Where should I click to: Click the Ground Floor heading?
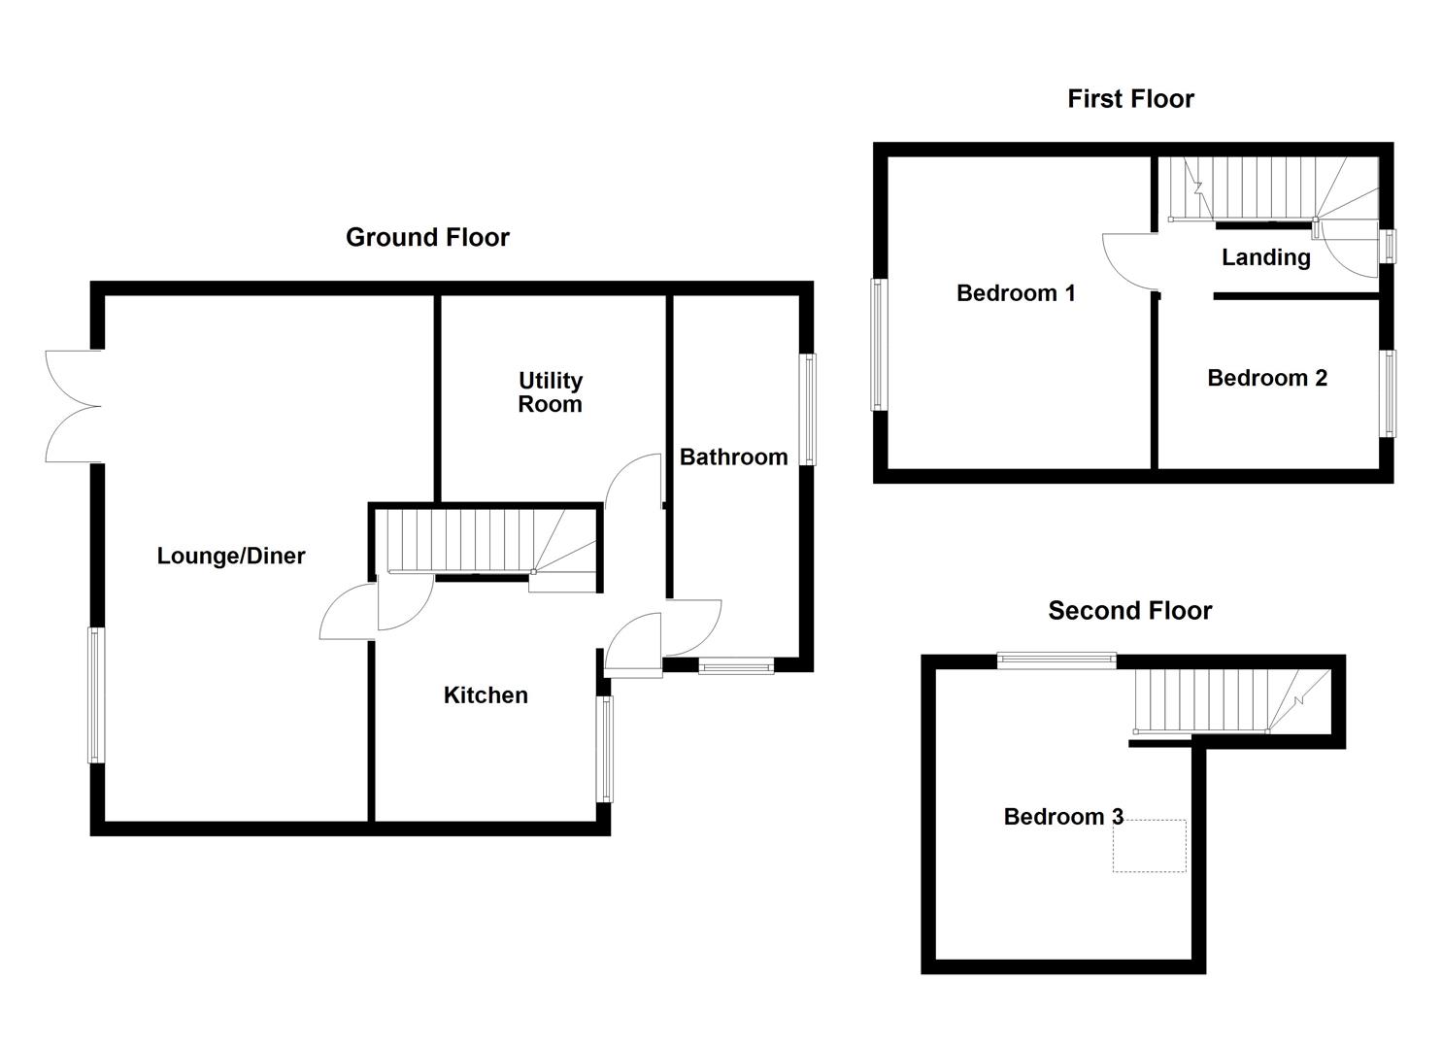pos(427,237)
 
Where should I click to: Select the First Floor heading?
pos(1130,98)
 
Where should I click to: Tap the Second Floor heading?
pos(1129,610)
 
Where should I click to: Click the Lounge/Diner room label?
pos(231,556)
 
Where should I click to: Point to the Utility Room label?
pos(550,392)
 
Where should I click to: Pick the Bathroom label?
pos(733,457)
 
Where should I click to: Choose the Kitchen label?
pos(486,694)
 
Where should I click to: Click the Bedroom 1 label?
pos(1016,292)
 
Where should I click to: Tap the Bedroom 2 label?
pos(1266,378)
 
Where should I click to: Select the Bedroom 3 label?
pos(1063,816)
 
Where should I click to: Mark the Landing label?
pos(1265,257)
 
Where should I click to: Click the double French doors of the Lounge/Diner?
pos(73,406)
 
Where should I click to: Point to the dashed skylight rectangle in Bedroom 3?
pos(1149,845)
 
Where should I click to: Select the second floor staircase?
pos(1224,701)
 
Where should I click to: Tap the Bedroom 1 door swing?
pos(1128,260)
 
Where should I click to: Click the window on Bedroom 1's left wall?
pos(879,345)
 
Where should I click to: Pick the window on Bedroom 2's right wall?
pos(1389,393)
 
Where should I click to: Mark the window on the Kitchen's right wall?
pos(605,749)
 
